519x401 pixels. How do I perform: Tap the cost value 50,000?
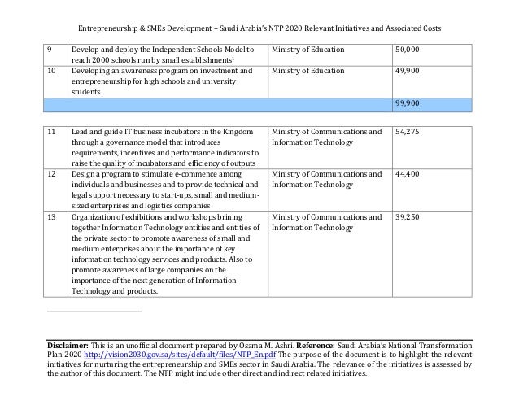408,50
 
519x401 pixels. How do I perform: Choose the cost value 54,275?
408,131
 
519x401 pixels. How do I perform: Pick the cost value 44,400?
408,173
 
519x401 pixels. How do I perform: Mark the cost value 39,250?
408,217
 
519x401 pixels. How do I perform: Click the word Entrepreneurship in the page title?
110,28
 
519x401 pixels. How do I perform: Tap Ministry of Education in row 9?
307,50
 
